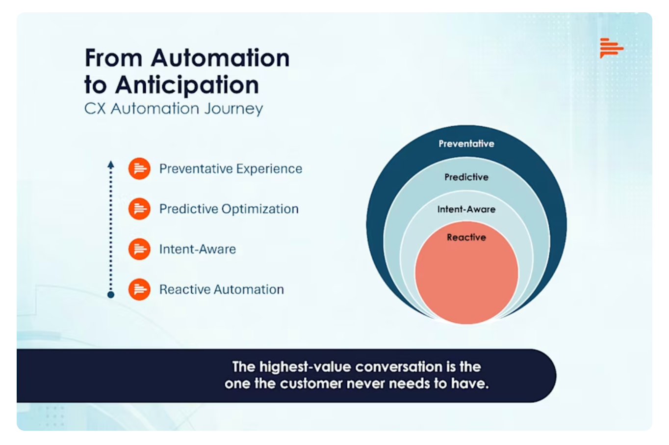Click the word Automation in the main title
click(x=220, y=58)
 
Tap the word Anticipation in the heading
click(x=187, y=85)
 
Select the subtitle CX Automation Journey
click(x=174, y=109)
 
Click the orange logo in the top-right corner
click(x=611, y=48)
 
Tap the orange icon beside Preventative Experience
click(x=139, y=169)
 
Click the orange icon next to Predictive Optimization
click(x=139, y=209)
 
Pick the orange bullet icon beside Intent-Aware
click(x=139, y=250)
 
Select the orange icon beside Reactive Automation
click(x=139, y=290)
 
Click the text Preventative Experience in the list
click(x=231, y=169)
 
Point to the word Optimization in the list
click(x=260, y=209)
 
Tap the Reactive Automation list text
click(x=221, y=290)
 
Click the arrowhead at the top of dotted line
click(x=111, y=165)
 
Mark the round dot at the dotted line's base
click(x=111, y=295)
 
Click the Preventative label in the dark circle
click(x=466, y=144)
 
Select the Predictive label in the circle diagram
click(x=466, y=177)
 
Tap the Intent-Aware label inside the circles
click(x=466, y=209)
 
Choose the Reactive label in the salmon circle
click(x=466, y=238)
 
